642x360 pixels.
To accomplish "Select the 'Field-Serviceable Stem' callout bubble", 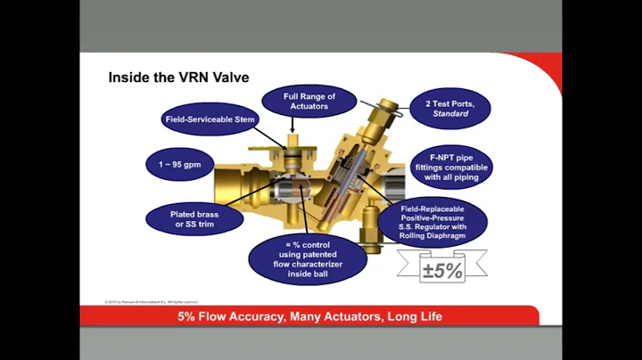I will (210, 119).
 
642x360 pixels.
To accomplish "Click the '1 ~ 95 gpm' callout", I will (179, 165).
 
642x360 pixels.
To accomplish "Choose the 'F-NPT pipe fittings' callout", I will (452, 167).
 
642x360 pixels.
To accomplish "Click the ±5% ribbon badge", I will (442, 270).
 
